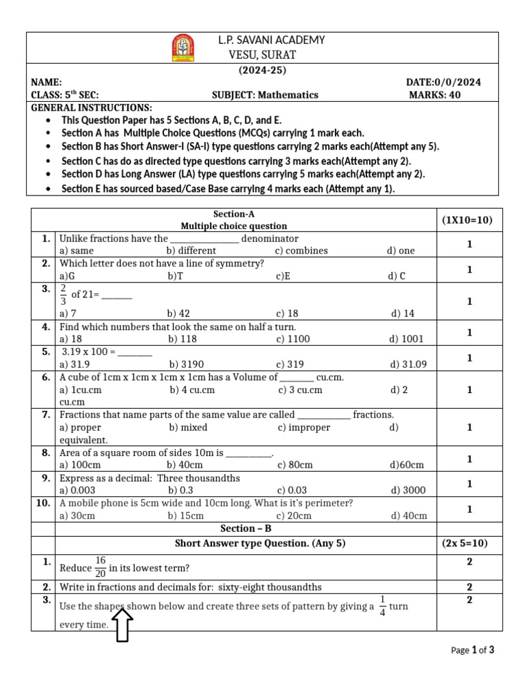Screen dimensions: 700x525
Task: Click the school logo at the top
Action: tap(183, 48)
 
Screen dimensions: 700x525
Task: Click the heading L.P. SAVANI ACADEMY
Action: tap(271, 40)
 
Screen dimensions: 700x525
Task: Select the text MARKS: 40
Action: tap(435, 95)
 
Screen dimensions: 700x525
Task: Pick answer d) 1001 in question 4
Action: tap(406, 338)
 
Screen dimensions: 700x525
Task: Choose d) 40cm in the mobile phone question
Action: tap(409, 515)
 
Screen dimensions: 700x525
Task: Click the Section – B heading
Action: tap(245, 528)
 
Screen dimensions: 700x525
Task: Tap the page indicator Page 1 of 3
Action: tap(472, 650)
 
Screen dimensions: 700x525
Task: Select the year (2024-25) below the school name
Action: tap(262, 70)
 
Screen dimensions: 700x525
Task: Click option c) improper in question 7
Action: tap(304, 427)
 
